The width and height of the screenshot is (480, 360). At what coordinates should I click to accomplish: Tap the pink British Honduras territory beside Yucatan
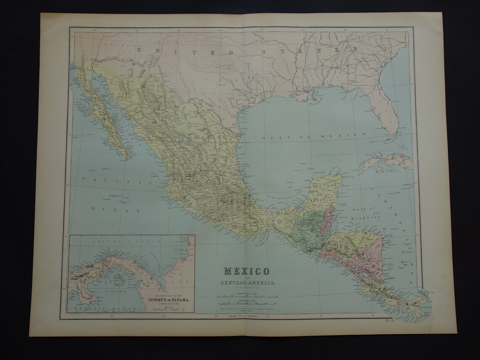[328, 219]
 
